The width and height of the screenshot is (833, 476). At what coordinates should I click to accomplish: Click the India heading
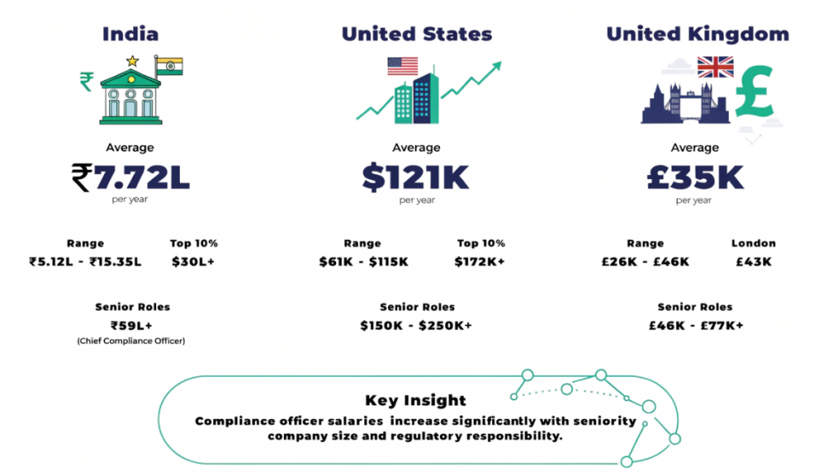pyautogui.click(x=130, y=34)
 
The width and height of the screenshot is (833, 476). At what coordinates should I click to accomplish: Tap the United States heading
pyautogui.click(x=416, y=34)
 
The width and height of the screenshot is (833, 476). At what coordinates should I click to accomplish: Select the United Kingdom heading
pyautogui.click(x=697, y=34)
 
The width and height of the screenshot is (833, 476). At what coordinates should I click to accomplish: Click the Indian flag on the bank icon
pyautogui.click(x=169, y=66)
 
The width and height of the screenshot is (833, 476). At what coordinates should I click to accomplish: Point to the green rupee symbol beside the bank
pyautogui.click(x=86, y=81)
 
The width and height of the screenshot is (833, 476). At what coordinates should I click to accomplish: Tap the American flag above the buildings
pyautogui.click(x=402, y=66)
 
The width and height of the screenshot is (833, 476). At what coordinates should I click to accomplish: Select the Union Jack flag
pyautogui.click(x=715, y=67)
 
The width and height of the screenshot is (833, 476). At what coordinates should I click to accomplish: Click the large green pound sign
pyautogui.click(x=754, y=91)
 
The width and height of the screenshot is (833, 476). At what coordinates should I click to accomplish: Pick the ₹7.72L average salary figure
pyautogui.click(x=130, y=177)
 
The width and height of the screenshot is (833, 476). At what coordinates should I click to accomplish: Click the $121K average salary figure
pyautogui.click(x=416, y=177)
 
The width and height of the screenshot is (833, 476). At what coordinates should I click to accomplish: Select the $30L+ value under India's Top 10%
pyautogui.click(x=193, y=262)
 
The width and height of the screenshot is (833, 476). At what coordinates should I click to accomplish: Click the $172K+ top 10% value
pyautogui.click(x=481, y=262)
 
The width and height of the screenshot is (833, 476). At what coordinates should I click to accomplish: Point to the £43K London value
pyautogui.click(x=752, y=262)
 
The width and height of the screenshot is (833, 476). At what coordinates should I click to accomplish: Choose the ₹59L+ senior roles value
pyautogui.click(x=132, y=325)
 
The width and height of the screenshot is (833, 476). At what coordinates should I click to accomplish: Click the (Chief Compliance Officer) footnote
pyautogui.click(x=131, y=341)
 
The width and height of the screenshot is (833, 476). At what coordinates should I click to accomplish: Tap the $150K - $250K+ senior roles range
pyautogui.click(x=416, y=325)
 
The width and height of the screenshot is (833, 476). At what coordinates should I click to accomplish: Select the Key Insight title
pyautogui.click(x=416, y=400)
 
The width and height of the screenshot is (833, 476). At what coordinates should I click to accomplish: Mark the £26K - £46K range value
pyautogui.click(x=646, y=262)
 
